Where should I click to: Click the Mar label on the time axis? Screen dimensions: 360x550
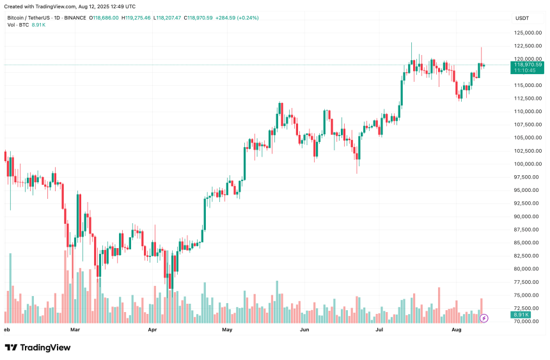(75, 330)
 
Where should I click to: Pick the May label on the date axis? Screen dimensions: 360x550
(227, 330)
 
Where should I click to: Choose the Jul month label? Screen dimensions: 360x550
(379, 330)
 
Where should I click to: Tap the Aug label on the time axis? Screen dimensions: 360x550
(457, 330)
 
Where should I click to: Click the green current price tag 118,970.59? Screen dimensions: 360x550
(527, 65)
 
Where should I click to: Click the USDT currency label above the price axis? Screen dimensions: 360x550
(522, 18)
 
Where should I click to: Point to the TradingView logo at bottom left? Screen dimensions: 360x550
(38, 347)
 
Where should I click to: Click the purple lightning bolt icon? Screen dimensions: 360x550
(484, 317)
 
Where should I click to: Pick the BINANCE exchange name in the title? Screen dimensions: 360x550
(74, 17)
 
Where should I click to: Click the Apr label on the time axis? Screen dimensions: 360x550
(152, 330)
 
